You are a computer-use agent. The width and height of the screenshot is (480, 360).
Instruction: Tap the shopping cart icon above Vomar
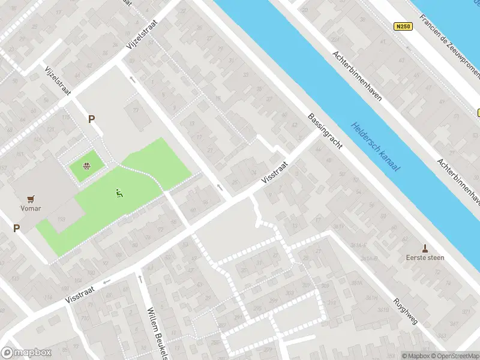coord(29,199)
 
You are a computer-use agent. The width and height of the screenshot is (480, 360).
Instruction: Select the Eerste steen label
coord(425,257)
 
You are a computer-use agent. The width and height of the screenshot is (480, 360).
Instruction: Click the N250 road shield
coord(402,26)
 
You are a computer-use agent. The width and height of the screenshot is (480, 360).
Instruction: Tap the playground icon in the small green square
coord(87,166)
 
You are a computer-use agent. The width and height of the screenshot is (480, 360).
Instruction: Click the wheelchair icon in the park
coord(118,193)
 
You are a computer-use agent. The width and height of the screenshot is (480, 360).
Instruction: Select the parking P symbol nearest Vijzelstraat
coord(92,119)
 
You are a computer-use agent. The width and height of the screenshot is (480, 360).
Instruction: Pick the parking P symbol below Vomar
coord(16,228)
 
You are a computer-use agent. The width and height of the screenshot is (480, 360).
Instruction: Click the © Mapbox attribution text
coord(416,356)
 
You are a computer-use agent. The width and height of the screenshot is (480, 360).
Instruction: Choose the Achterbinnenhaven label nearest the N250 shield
coord(357,76)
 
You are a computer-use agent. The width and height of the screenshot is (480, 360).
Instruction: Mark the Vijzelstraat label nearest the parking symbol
coord(58,80)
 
